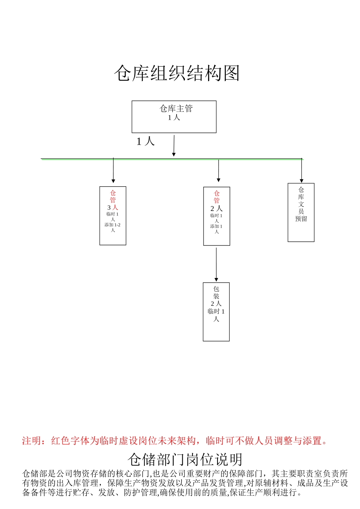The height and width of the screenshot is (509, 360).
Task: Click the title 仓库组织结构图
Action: (177, 73)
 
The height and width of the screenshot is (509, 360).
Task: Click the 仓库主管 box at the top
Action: (174, 117)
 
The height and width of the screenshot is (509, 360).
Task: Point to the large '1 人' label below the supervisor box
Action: (146, 142)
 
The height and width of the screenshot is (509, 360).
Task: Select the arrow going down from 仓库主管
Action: (174, 146)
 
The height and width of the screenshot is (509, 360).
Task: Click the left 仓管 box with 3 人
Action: (113, 215)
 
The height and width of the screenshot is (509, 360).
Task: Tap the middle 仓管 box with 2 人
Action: (217, 216)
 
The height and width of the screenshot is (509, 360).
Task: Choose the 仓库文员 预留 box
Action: (301, 212)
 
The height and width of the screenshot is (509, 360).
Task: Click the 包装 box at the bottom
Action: (216, 312)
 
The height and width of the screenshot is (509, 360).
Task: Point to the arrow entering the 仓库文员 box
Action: (302, 171)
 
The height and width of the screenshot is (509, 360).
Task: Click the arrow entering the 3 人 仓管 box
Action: (113, 171)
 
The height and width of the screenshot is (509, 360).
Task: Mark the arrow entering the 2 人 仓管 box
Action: (219, 171)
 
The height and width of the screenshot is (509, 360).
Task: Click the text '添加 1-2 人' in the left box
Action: (113, 227)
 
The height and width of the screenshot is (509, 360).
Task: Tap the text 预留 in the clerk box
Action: (301, 219)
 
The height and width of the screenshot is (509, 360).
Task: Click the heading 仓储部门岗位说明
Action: (185, 460)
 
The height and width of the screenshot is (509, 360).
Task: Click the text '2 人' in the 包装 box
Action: (216, 304)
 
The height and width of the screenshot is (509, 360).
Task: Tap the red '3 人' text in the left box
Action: (113, 208)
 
